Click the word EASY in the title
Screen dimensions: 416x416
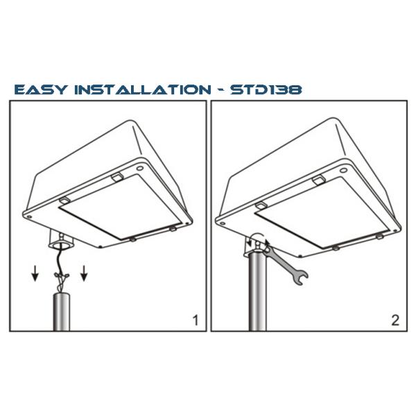[40, 89]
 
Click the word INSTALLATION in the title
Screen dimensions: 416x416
[143, 89]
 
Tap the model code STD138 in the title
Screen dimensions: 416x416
[266, 89]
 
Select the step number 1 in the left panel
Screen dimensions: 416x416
[196, 320]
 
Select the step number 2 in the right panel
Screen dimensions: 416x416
[395, 320]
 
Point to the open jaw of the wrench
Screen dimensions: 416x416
[301, 278]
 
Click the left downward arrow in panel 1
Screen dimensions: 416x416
[35, 273]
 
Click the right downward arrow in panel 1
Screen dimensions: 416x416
[84, 273]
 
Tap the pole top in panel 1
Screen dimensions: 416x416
[62, 295]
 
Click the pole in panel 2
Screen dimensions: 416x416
[257, 292]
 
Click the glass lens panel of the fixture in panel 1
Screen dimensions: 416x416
[120, 207]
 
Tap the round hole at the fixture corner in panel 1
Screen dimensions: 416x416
[139, 168]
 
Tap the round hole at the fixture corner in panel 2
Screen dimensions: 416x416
[344, 171]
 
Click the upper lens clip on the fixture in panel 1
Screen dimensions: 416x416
[117, 177]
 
